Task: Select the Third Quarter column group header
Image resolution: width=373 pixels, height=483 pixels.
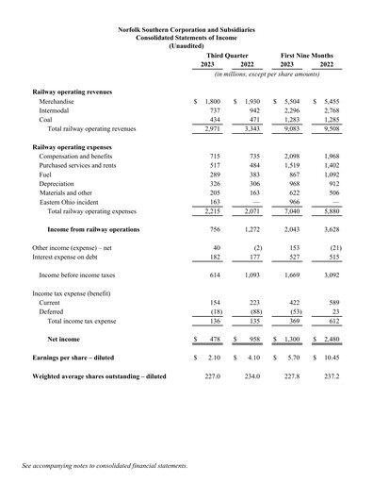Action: [x=227, y=56]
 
